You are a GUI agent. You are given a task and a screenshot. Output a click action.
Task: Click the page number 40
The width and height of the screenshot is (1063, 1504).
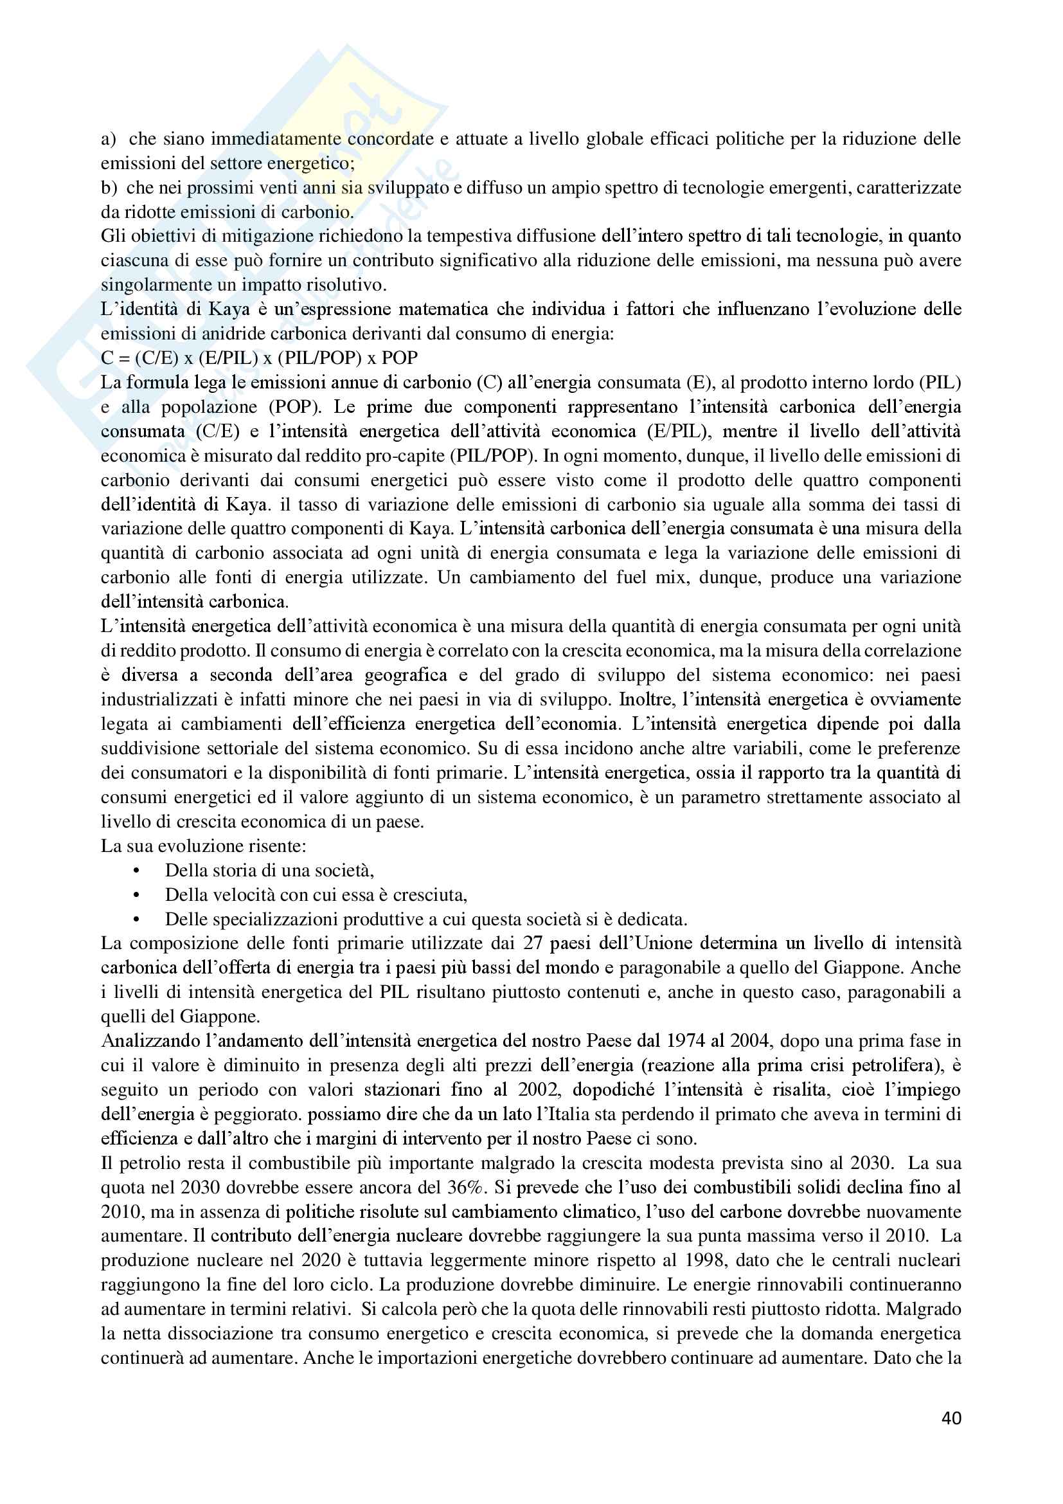(x=951, y=1418)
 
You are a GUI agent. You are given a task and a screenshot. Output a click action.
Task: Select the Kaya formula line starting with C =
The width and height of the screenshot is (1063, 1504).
(x=259, y=358)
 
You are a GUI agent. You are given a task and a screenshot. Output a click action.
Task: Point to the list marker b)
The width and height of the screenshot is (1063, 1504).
(x=109, y=188)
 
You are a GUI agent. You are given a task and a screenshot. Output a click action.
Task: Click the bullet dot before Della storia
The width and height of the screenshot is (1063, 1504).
(x=136, y=871)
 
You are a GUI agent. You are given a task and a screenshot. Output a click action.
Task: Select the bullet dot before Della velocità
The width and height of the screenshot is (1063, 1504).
(x=136, y=895)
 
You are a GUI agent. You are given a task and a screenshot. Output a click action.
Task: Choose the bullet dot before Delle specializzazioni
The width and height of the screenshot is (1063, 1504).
(x=136, y=919)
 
